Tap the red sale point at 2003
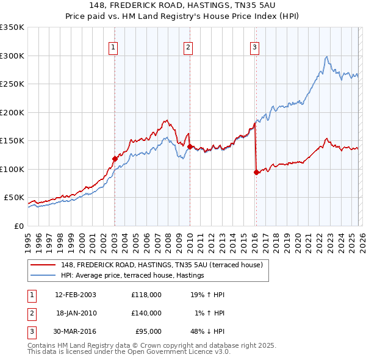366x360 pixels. (115, 159)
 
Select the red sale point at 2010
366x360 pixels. (190, 146)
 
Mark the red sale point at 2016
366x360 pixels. (256, 172)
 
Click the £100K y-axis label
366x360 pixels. (12, 169)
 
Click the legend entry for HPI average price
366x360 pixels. (132, 276)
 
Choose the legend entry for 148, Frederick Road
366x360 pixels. (161, 265)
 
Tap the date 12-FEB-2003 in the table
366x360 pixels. (76, 295)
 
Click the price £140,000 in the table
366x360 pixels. (146, 313)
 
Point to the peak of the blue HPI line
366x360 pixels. (327, 57)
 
